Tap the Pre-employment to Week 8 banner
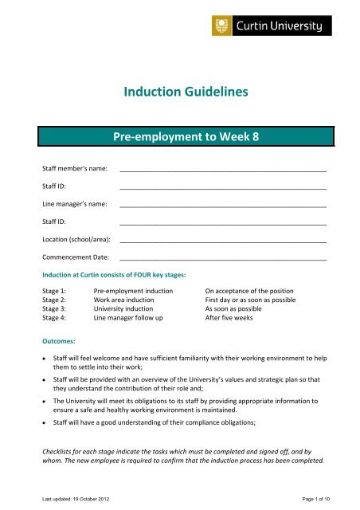[180, 136]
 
